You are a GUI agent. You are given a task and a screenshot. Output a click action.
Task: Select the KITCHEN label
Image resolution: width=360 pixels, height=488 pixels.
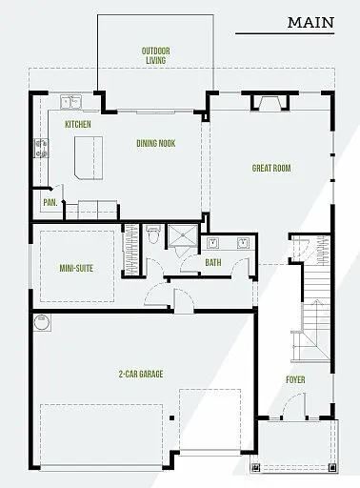77,125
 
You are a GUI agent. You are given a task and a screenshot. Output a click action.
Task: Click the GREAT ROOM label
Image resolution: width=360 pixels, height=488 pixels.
270,169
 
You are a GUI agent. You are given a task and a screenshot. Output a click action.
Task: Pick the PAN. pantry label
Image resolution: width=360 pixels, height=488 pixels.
48,202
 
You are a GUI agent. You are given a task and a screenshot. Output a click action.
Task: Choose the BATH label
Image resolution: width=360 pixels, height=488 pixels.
212,262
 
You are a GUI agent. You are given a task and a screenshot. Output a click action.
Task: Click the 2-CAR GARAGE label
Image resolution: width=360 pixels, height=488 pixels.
139,375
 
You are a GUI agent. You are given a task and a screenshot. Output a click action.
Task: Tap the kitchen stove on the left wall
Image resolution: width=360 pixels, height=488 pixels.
41,147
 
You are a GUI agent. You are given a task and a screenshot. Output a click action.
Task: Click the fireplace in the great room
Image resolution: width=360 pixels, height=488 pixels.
266,103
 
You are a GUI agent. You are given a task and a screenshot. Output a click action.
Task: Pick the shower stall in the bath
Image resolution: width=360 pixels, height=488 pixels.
181,237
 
